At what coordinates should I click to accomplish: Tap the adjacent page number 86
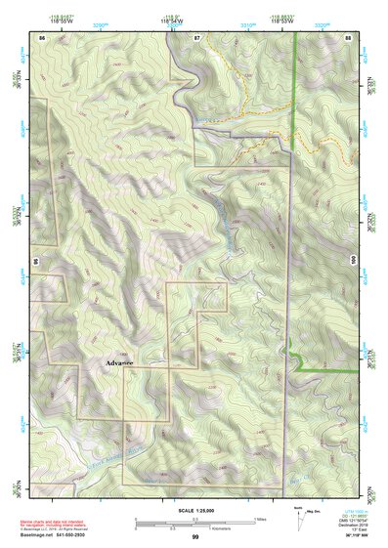coord(42,37)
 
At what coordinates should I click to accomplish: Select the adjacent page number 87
coord(196,37)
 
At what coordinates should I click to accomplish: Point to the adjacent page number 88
coord(348,37)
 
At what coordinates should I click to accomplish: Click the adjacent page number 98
coord(35,262)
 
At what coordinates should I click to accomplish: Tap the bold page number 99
coord(195,537)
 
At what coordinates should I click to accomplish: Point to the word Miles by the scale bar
coord(261,519)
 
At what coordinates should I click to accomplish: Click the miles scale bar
coord(195,521)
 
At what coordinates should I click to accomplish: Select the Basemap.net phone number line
coord(62,533)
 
